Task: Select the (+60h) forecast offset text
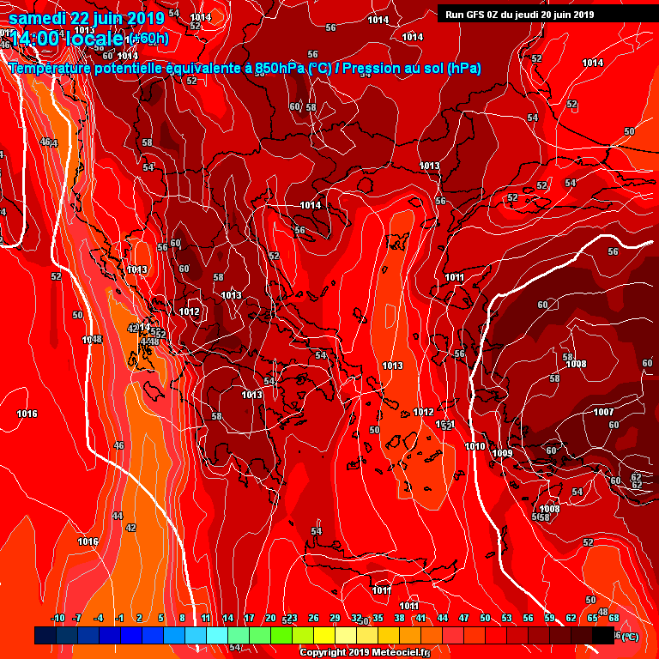149,38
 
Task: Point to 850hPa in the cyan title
280,69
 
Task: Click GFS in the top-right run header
475,14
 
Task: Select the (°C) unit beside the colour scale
629,636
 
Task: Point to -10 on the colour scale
58,618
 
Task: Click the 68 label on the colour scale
614,618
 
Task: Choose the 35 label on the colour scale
378,618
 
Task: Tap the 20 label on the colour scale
270,618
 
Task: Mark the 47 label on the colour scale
463,618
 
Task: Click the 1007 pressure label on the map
604,412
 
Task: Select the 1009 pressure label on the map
502,453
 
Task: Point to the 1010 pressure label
475,446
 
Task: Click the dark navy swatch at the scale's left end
45,635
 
